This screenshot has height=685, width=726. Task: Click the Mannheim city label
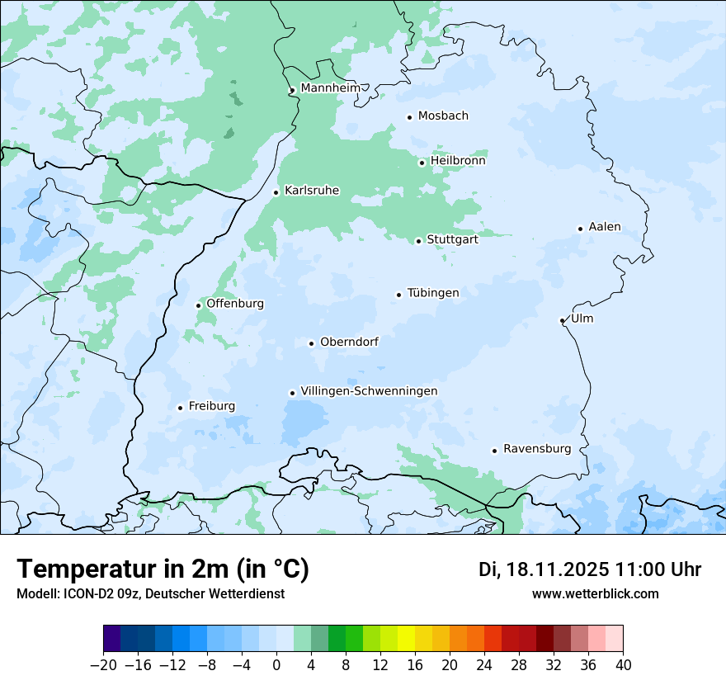click(x=330, y=88)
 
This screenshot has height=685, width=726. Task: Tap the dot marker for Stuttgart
click(x=418, y=241)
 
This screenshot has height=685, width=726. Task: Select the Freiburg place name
click(x=211, y=406)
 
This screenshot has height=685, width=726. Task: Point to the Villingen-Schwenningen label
click(x=369, y=391)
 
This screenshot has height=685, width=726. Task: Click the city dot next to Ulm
click(x=562, y=320)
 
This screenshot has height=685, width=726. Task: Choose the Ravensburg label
click(x=536, y=449)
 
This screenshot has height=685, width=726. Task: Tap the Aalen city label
click(x=605, y=227)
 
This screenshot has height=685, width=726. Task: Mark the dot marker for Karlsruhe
click(x=276, y=192)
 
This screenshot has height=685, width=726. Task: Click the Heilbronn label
click(x=458, y=161)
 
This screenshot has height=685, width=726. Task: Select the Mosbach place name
click(x=443, y=116)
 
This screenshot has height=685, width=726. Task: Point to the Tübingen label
click(x=433, y=293)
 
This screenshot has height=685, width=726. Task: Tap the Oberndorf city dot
click(x=311, y=343)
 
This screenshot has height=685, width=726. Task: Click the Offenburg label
click(x=235, y=304)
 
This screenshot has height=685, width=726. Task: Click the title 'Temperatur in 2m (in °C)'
click(x=163, y=569)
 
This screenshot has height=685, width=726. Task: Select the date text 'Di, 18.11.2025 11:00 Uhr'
click(x=590, y=569)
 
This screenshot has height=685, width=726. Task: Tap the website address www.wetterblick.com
click(x=595, y=593)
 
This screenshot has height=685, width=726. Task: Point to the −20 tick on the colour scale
click(x=104, y=664)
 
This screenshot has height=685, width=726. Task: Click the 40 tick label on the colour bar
click(x=623, y=664)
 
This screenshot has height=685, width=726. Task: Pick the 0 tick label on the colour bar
click(x=276, y=664)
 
